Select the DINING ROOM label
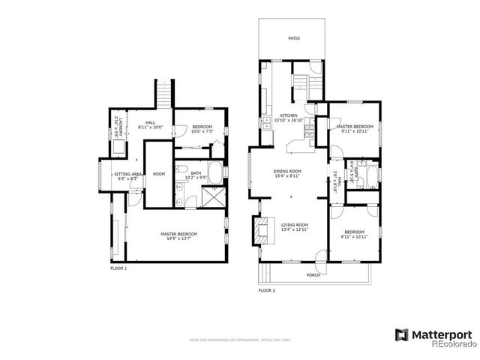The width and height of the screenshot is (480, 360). (x=286, y=172)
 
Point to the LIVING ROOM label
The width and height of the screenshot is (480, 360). (x=294, y=224)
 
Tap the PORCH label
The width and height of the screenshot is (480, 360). (x=313, y=275)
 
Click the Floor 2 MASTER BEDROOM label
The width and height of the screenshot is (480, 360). (x=355, y=127)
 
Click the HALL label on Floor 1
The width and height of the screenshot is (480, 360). (x=150, y=124)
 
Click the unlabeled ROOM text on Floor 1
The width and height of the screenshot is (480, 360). (x=158, y=173)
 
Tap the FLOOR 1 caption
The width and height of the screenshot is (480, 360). (x=118, y=268)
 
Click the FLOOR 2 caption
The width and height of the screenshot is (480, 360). (x=267, y=289)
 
